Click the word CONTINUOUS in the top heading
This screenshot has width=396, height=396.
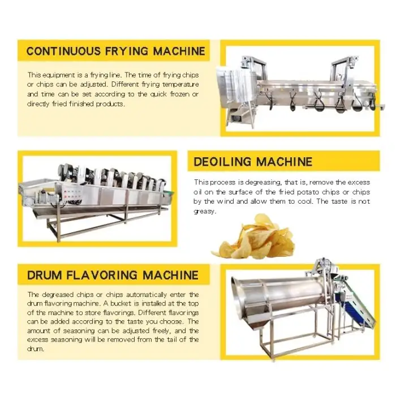click(x=63, y=51)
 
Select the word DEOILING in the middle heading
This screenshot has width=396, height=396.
click(x=222, y=162)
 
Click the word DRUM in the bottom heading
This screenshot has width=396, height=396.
click(x=44, y=275)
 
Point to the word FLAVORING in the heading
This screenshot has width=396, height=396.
click(x=102, y=275)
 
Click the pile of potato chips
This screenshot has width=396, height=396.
click(x=253, y=236)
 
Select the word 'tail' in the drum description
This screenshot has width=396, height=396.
click(x=171, y=339)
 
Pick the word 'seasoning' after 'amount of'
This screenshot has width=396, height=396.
click(x=79, y=330)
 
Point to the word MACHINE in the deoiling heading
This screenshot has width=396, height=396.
click(x=284, y=162)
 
